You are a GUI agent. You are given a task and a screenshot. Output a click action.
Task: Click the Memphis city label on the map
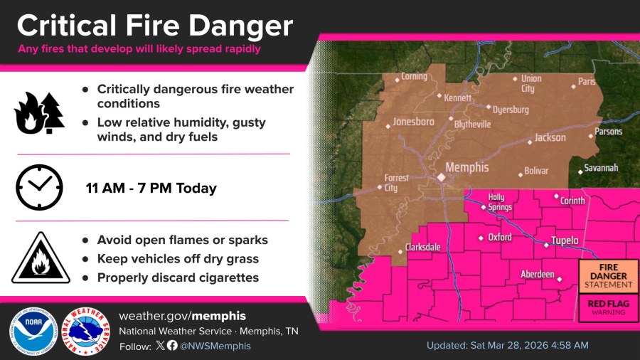point(467,168)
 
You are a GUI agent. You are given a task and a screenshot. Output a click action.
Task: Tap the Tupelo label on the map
point(565,240)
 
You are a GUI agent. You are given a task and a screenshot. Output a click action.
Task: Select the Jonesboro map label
point(413,122)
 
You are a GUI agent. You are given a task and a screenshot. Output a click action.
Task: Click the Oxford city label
point(499,237)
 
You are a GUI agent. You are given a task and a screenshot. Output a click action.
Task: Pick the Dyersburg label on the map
point(511,110)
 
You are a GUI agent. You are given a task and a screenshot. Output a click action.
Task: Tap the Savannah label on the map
point(600,168)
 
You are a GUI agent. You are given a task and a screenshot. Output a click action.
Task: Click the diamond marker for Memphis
point(441,176)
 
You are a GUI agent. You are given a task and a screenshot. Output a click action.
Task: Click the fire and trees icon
point(39,114)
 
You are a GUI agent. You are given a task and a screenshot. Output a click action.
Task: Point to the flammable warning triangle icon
point(41,258)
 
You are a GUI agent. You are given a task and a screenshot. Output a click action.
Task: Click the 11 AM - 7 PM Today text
point(151,189)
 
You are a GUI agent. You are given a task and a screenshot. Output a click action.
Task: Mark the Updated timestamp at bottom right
point(507,345)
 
